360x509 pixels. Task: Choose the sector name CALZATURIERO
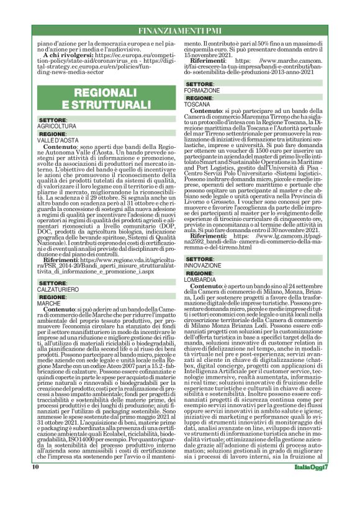58,289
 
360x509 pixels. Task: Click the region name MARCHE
48,303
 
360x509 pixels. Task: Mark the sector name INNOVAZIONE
204,264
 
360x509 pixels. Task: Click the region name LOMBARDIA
201,279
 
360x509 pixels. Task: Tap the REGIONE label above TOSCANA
200,98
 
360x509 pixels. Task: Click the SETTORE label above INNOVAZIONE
200,258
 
